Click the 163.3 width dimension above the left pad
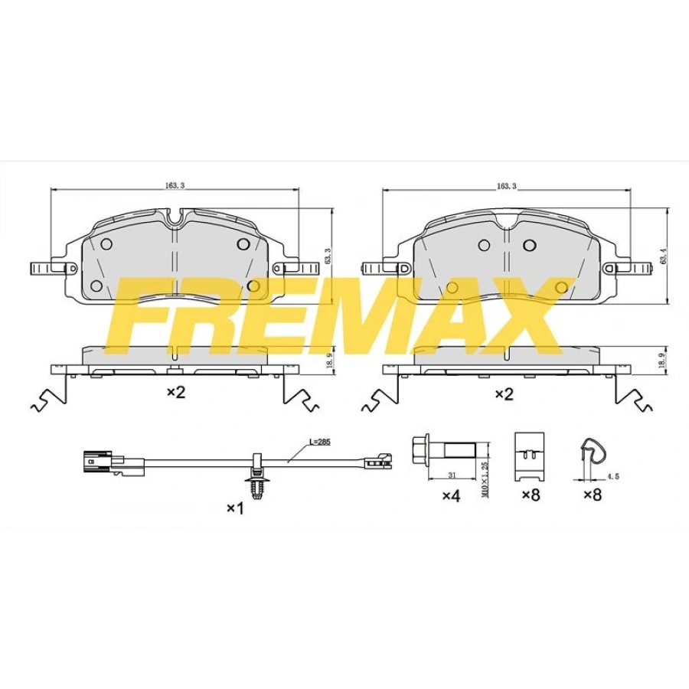click(x=175, y=185)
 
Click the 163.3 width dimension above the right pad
click(x=506, y=186)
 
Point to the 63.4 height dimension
click(x=664, y=256)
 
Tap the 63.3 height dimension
click(x=328, y=256)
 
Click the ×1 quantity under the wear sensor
click(x=235, y=508)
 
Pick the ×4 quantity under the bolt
click(x=450, y=496)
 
